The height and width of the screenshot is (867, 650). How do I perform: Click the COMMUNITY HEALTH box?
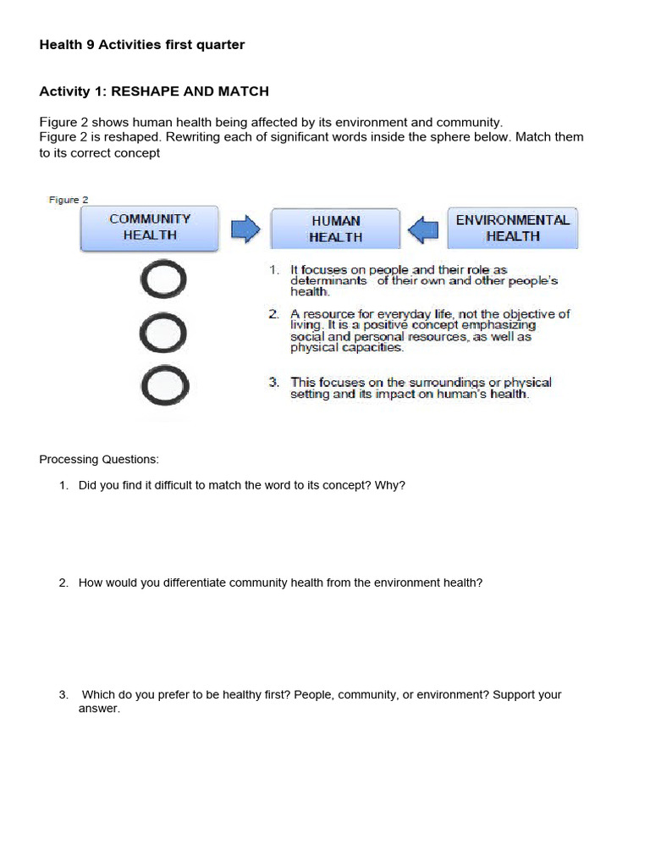point(150,228)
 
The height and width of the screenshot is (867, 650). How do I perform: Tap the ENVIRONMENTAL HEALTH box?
point(512,228)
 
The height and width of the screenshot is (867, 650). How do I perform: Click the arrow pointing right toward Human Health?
point(245,229)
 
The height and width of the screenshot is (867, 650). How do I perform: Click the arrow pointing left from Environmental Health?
point(423,229)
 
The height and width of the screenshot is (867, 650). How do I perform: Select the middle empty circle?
point(164,334)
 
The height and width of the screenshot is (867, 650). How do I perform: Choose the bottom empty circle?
point(164,385)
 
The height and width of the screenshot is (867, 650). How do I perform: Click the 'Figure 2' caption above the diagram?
point(68,200)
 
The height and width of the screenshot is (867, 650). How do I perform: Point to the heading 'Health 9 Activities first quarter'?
point(142,45)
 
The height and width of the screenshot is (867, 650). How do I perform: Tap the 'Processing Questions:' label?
point(99,460)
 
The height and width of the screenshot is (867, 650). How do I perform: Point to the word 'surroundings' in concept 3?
point(445,383)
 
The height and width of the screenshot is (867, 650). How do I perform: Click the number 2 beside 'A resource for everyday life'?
point(274,314)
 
